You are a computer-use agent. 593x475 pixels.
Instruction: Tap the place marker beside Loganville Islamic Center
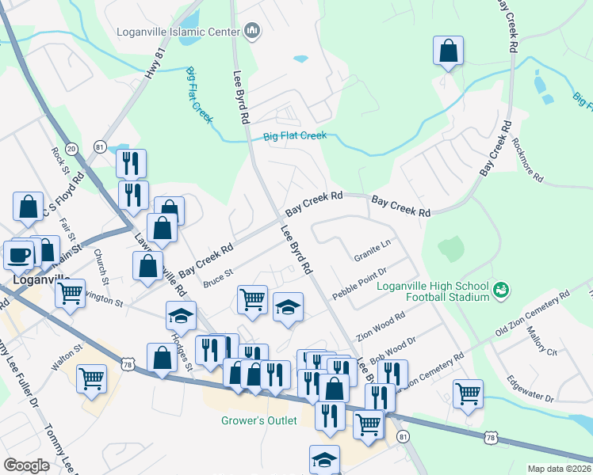pyautogui.click(x=253, y=32)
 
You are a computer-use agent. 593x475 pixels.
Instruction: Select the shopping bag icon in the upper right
pyautogui.click(x=448, y=51)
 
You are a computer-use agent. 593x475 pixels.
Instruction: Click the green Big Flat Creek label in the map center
pyautogui.click(x=295, y=136)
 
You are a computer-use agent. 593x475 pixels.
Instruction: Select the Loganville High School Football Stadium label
pyautogui.click(x=432, y=291)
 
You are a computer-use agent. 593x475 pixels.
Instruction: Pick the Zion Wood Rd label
pyautogui.click(x=381, y=325)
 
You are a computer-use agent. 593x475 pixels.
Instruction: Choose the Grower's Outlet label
pyautogui.click(x=260, y=420)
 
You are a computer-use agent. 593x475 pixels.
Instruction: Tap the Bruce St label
pyautogui.click(x=217, y=277)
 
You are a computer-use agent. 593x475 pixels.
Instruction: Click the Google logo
pyautogui.click(x=26, y=465)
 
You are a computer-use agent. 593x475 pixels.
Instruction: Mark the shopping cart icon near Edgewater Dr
pyautogui.click(x=468, y=393)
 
